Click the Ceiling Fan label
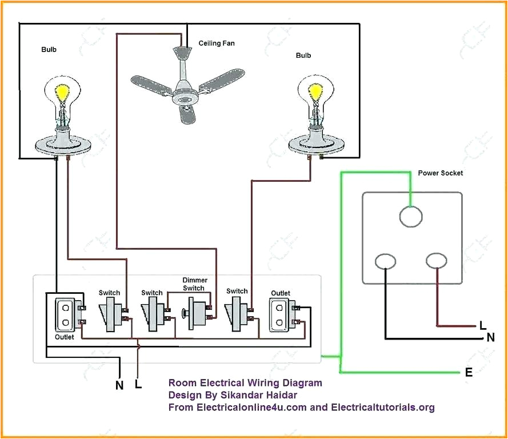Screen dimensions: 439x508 point(216,43)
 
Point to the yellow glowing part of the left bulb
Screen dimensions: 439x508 point(62,91)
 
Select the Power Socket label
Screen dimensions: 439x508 point(440,173)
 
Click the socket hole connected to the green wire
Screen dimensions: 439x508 point(410,217)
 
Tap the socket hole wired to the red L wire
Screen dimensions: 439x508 point(437,261)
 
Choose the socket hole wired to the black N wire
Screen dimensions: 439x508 point(385,261)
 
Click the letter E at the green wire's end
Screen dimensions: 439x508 point(469,373)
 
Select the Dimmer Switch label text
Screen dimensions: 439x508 point(194,284)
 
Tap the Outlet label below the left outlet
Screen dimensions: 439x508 point(65,337)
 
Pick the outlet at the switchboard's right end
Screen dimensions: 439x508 point(280,315)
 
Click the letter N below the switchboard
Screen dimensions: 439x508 point(119,385)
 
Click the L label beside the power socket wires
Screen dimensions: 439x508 point(482,326)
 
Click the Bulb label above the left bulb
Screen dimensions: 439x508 point(49,50)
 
